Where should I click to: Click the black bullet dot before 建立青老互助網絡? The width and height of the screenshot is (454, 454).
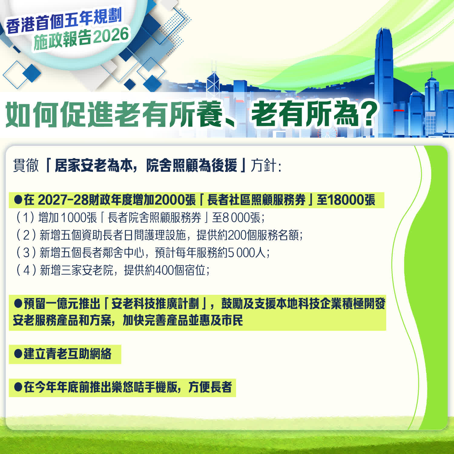point(18,353)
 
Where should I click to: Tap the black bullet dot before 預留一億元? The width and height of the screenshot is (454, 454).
point(18,303)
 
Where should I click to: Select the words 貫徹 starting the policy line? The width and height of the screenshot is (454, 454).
point(26,165)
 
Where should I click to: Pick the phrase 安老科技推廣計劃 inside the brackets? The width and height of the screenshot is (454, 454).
point(155,304)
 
